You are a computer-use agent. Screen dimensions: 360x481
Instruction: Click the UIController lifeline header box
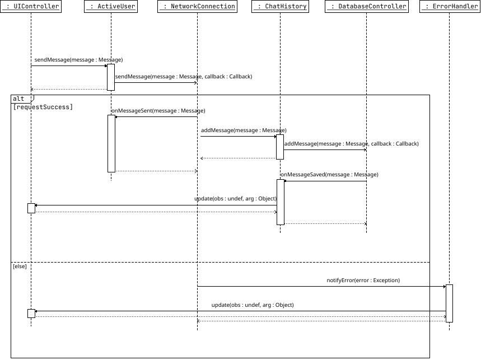click(31, 6)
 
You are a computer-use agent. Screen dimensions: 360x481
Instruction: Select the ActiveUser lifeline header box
click(111, 6)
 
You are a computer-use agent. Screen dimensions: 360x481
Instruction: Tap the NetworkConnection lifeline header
click(197, 6)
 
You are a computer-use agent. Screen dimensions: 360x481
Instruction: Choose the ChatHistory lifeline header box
click(280, 6)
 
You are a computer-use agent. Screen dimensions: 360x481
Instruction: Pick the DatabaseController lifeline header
click(366, 6)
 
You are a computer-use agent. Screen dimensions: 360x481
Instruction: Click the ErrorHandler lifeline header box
click(449, 6)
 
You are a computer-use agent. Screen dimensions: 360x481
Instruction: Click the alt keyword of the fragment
click(19, 99)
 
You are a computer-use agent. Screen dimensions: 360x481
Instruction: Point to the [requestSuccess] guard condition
click(43, 106)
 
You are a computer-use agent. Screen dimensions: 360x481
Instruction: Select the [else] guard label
click(20, 267)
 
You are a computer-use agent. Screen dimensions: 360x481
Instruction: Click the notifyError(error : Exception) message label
click(363, 280)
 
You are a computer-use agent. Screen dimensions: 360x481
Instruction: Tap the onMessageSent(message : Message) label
click(158, 111)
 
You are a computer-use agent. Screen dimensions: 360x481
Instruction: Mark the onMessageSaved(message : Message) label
click(329, 175)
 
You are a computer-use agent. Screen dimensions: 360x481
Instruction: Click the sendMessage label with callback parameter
click(184, 76)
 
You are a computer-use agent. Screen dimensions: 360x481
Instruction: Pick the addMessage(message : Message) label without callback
click(244, 130)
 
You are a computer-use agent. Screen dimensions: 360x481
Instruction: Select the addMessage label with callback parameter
click(351, 144)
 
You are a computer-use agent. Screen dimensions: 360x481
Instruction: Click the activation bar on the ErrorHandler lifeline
click(449, 303)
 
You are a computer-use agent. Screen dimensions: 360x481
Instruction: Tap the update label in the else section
click(253, 305)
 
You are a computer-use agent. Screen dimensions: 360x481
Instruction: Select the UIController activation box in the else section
click(31, 314)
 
